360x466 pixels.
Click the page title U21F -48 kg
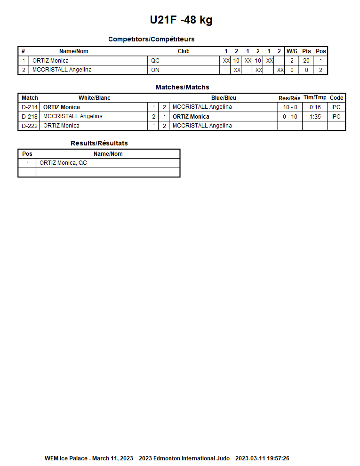[x=181, y=20]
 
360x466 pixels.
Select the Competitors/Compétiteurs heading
[x=151, y=39]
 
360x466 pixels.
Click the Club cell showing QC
[x=155, y=61]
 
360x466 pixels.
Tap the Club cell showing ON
[x=155, y=70]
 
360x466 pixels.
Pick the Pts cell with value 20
[x=306, y=61]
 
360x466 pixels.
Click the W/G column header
[x=292, y=51]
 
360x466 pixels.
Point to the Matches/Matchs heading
[x=182, y=87]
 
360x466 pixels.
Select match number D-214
[x=30, y=107]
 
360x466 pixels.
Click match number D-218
[x=30, y=117]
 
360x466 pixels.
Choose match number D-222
[x=30, y=126]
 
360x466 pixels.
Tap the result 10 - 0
[x=290, y=107]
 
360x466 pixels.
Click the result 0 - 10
[x=290, y=117]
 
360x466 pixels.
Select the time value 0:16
[x=315, y=107]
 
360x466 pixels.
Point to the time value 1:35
[x=315, y=117]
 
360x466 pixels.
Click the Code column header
[x=336, y=98]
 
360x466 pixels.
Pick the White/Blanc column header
[x=94, y=98]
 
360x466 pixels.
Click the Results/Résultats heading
[x=99, y=143]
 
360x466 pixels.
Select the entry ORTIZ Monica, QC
[x=63, y=163]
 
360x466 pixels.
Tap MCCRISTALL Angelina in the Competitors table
[x=62, y=70]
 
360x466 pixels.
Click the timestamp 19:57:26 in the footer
[x=278, y=458]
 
